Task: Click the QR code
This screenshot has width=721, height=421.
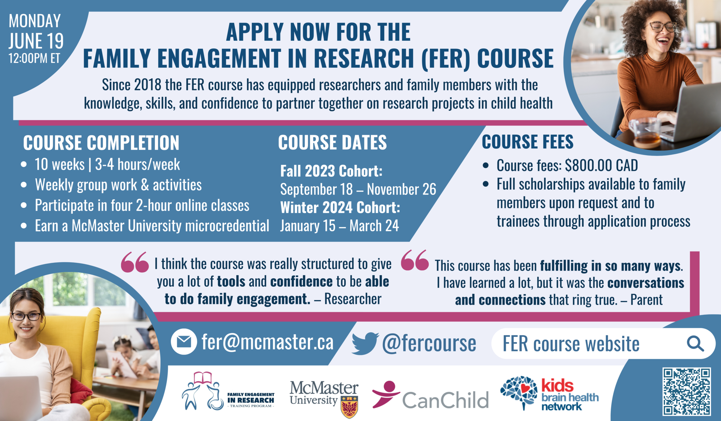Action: [687, 391]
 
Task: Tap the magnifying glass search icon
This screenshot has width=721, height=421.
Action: [695, 343]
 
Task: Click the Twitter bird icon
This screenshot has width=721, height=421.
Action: [365, 343]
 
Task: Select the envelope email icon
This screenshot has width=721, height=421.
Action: [184, 342]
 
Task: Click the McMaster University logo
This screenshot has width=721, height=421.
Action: [324, 399]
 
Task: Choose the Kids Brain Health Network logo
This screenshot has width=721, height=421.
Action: [549, 394]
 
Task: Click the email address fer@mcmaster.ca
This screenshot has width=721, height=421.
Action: [267, 342]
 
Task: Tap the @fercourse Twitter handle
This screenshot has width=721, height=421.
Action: [429, 343]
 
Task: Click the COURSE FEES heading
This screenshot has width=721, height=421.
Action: [528, 142]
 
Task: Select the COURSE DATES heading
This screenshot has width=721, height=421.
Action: [332, 142]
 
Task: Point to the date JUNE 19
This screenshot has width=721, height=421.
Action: [36, 41]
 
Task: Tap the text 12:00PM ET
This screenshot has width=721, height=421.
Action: [34, 58]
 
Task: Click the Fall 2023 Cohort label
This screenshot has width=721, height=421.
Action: [331, 171]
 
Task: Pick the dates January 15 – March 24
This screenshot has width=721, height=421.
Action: [340, 226]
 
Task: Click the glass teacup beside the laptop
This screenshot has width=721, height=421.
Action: [645, 132]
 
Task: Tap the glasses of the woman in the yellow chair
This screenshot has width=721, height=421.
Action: [26, 316]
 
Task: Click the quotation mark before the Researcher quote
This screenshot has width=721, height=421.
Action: [135, 262]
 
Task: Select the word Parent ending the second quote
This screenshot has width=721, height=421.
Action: [646, 300]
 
